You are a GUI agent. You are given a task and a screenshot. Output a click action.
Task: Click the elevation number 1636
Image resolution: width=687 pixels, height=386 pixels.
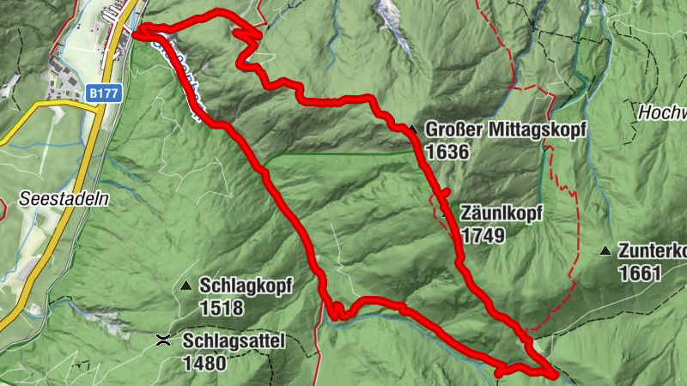pyautogui.click(x=447, y=153)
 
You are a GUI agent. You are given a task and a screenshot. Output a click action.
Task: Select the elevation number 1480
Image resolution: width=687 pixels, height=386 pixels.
pyautogui.click(x=204, y=363)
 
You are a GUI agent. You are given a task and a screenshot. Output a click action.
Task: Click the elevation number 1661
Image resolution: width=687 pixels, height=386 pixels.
pyautogui.click(x=640, y=274)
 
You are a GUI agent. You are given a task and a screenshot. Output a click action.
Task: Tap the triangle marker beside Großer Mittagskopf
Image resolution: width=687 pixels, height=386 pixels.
pyautogui.click(x=412, y=130)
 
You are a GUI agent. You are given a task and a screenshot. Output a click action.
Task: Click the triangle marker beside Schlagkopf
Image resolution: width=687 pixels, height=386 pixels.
pyautogui.click(x=185, y=286)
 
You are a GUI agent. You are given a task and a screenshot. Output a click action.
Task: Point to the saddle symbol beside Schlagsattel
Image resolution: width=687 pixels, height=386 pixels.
pyautogui.click(x=163, y=341)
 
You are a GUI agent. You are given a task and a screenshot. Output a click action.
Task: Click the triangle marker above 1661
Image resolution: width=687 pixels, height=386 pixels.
pyautogui.click(x=605, y=251)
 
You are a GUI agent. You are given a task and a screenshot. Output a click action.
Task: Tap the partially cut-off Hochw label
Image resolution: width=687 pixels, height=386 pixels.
pyautogui.click(x=662, y=112)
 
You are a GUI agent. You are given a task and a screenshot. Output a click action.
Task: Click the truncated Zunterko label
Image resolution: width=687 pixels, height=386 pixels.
pyautogui.click(x=652, y=251)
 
